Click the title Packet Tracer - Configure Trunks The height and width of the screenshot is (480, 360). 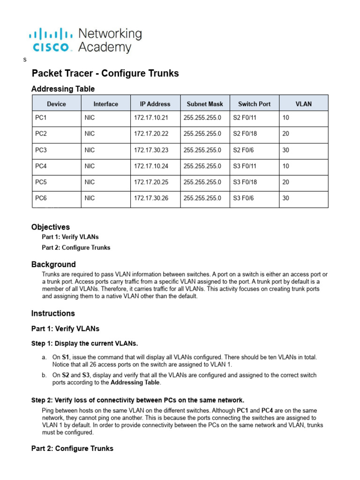105,74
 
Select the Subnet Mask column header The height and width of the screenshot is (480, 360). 205,104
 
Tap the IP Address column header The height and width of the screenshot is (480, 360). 155,104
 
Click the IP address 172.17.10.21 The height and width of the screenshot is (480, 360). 150,118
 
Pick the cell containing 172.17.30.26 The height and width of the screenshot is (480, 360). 150,198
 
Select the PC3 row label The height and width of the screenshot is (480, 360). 41,150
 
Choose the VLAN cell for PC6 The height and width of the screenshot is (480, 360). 286,198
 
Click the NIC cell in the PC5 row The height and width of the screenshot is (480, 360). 90,182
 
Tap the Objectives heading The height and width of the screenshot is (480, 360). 50,227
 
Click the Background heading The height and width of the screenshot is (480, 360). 53,264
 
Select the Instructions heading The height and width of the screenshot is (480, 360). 53,313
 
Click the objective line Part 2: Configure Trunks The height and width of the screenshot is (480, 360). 76,247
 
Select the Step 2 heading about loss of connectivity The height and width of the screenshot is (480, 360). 138,400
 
